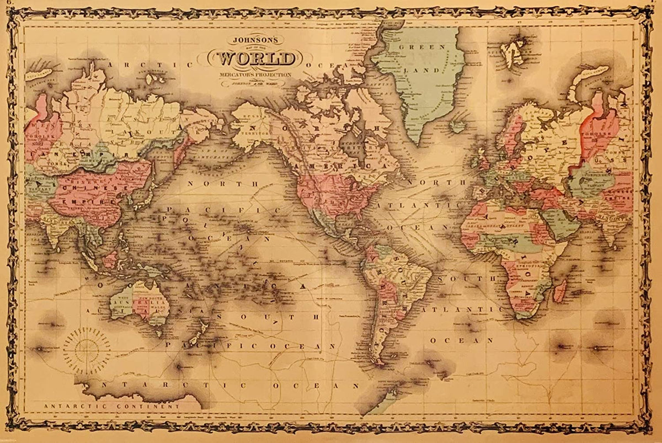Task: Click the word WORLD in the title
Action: click(x=255, y=58)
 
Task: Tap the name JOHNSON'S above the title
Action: click(x=255, y=40)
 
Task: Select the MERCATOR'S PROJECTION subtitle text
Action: click(x=255, y=73)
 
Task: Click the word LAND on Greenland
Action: click(x=428, y=70)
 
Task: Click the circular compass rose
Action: click(x=87, y=349)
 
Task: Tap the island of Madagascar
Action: click(x=559, y=291)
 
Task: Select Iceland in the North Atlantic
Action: click(x=457, y=127)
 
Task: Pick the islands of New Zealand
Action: click(x=197, y=333)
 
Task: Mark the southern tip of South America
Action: click(x=380, y=361)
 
